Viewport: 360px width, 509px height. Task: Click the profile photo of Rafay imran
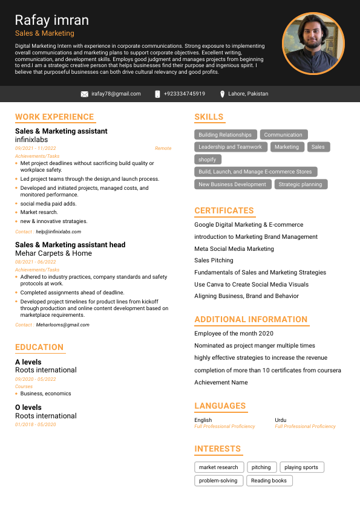tap(313, 43)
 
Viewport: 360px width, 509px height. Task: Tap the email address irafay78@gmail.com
tap(116, 94)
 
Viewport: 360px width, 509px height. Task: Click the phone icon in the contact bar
tap(157, 94)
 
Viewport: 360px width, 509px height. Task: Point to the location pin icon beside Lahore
tap(223, 94)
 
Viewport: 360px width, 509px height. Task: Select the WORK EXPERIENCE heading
tap(54, 117)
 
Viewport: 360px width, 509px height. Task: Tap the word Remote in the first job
tap(163, 148)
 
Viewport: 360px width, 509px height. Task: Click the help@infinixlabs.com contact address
tap(58, 232)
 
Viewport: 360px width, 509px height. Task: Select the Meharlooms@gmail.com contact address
tap(62, 325)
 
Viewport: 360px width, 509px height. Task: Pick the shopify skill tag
tap(208, 160)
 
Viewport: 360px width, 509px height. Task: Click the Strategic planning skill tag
tap(301, 184)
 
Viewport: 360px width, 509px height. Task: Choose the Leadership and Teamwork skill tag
tap(231, 147)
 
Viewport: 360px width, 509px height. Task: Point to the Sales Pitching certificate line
tap(214, 261)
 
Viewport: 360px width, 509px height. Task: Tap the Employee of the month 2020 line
tap(234, 333)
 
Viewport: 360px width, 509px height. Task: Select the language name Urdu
tap(281, 420)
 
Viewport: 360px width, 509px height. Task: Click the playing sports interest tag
tap(301, 467)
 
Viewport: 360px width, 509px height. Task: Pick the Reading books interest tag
tap(269, 481)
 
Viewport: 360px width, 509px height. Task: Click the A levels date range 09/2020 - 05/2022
tap(36, 379)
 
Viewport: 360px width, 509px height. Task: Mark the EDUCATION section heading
tap(39, 347)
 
